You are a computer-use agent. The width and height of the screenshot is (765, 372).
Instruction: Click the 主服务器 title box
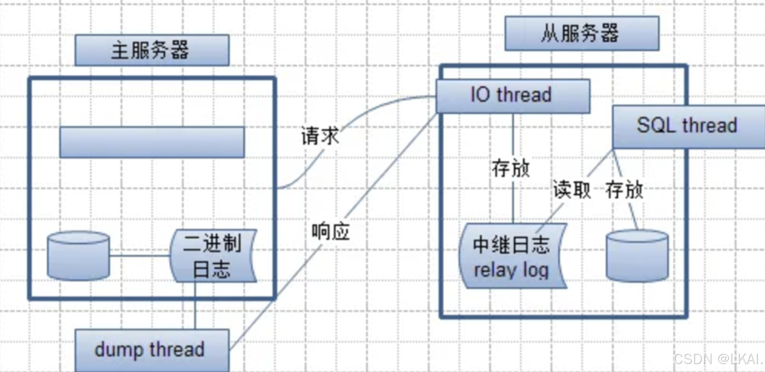152,50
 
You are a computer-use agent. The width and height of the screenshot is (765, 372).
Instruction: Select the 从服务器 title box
582,33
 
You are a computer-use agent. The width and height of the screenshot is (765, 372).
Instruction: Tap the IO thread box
513,96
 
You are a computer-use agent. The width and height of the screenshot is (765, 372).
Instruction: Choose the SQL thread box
687,126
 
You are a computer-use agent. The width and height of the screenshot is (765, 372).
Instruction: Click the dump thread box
152,350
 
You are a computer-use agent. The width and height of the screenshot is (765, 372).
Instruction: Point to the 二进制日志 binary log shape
213,256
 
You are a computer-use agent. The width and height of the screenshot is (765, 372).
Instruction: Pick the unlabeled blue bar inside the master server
152,142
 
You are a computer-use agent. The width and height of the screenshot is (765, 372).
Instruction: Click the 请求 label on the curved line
320,136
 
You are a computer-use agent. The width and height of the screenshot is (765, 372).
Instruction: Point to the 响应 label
330,232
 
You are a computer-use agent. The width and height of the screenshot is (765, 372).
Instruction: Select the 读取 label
572,189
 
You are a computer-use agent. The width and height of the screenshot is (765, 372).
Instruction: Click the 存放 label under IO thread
511,168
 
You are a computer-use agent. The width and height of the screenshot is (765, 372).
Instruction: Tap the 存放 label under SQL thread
624,189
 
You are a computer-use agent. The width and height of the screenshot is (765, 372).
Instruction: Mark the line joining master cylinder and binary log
140,256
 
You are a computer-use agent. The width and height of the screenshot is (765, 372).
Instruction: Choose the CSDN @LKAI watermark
718,359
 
